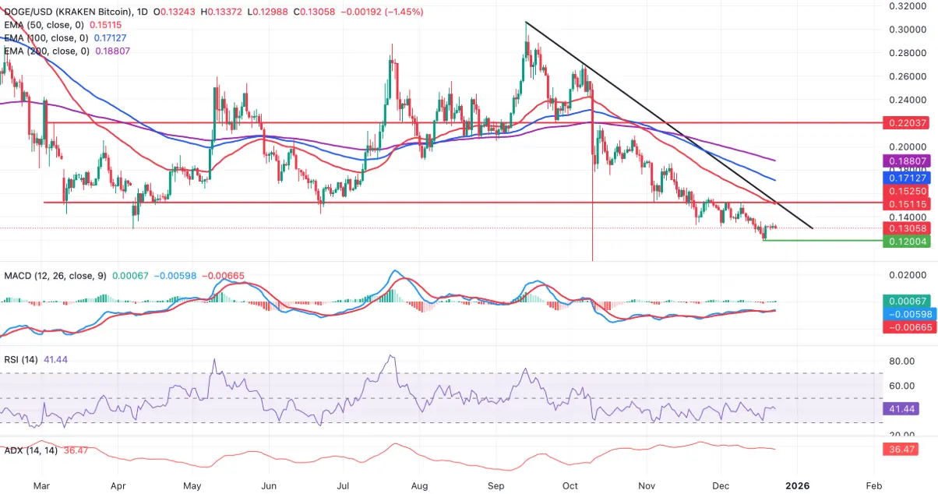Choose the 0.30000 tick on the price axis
coord(908,30)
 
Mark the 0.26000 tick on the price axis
coord(908,76)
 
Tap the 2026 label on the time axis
coord(797,485)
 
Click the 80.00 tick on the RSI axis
coord(902,362)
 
